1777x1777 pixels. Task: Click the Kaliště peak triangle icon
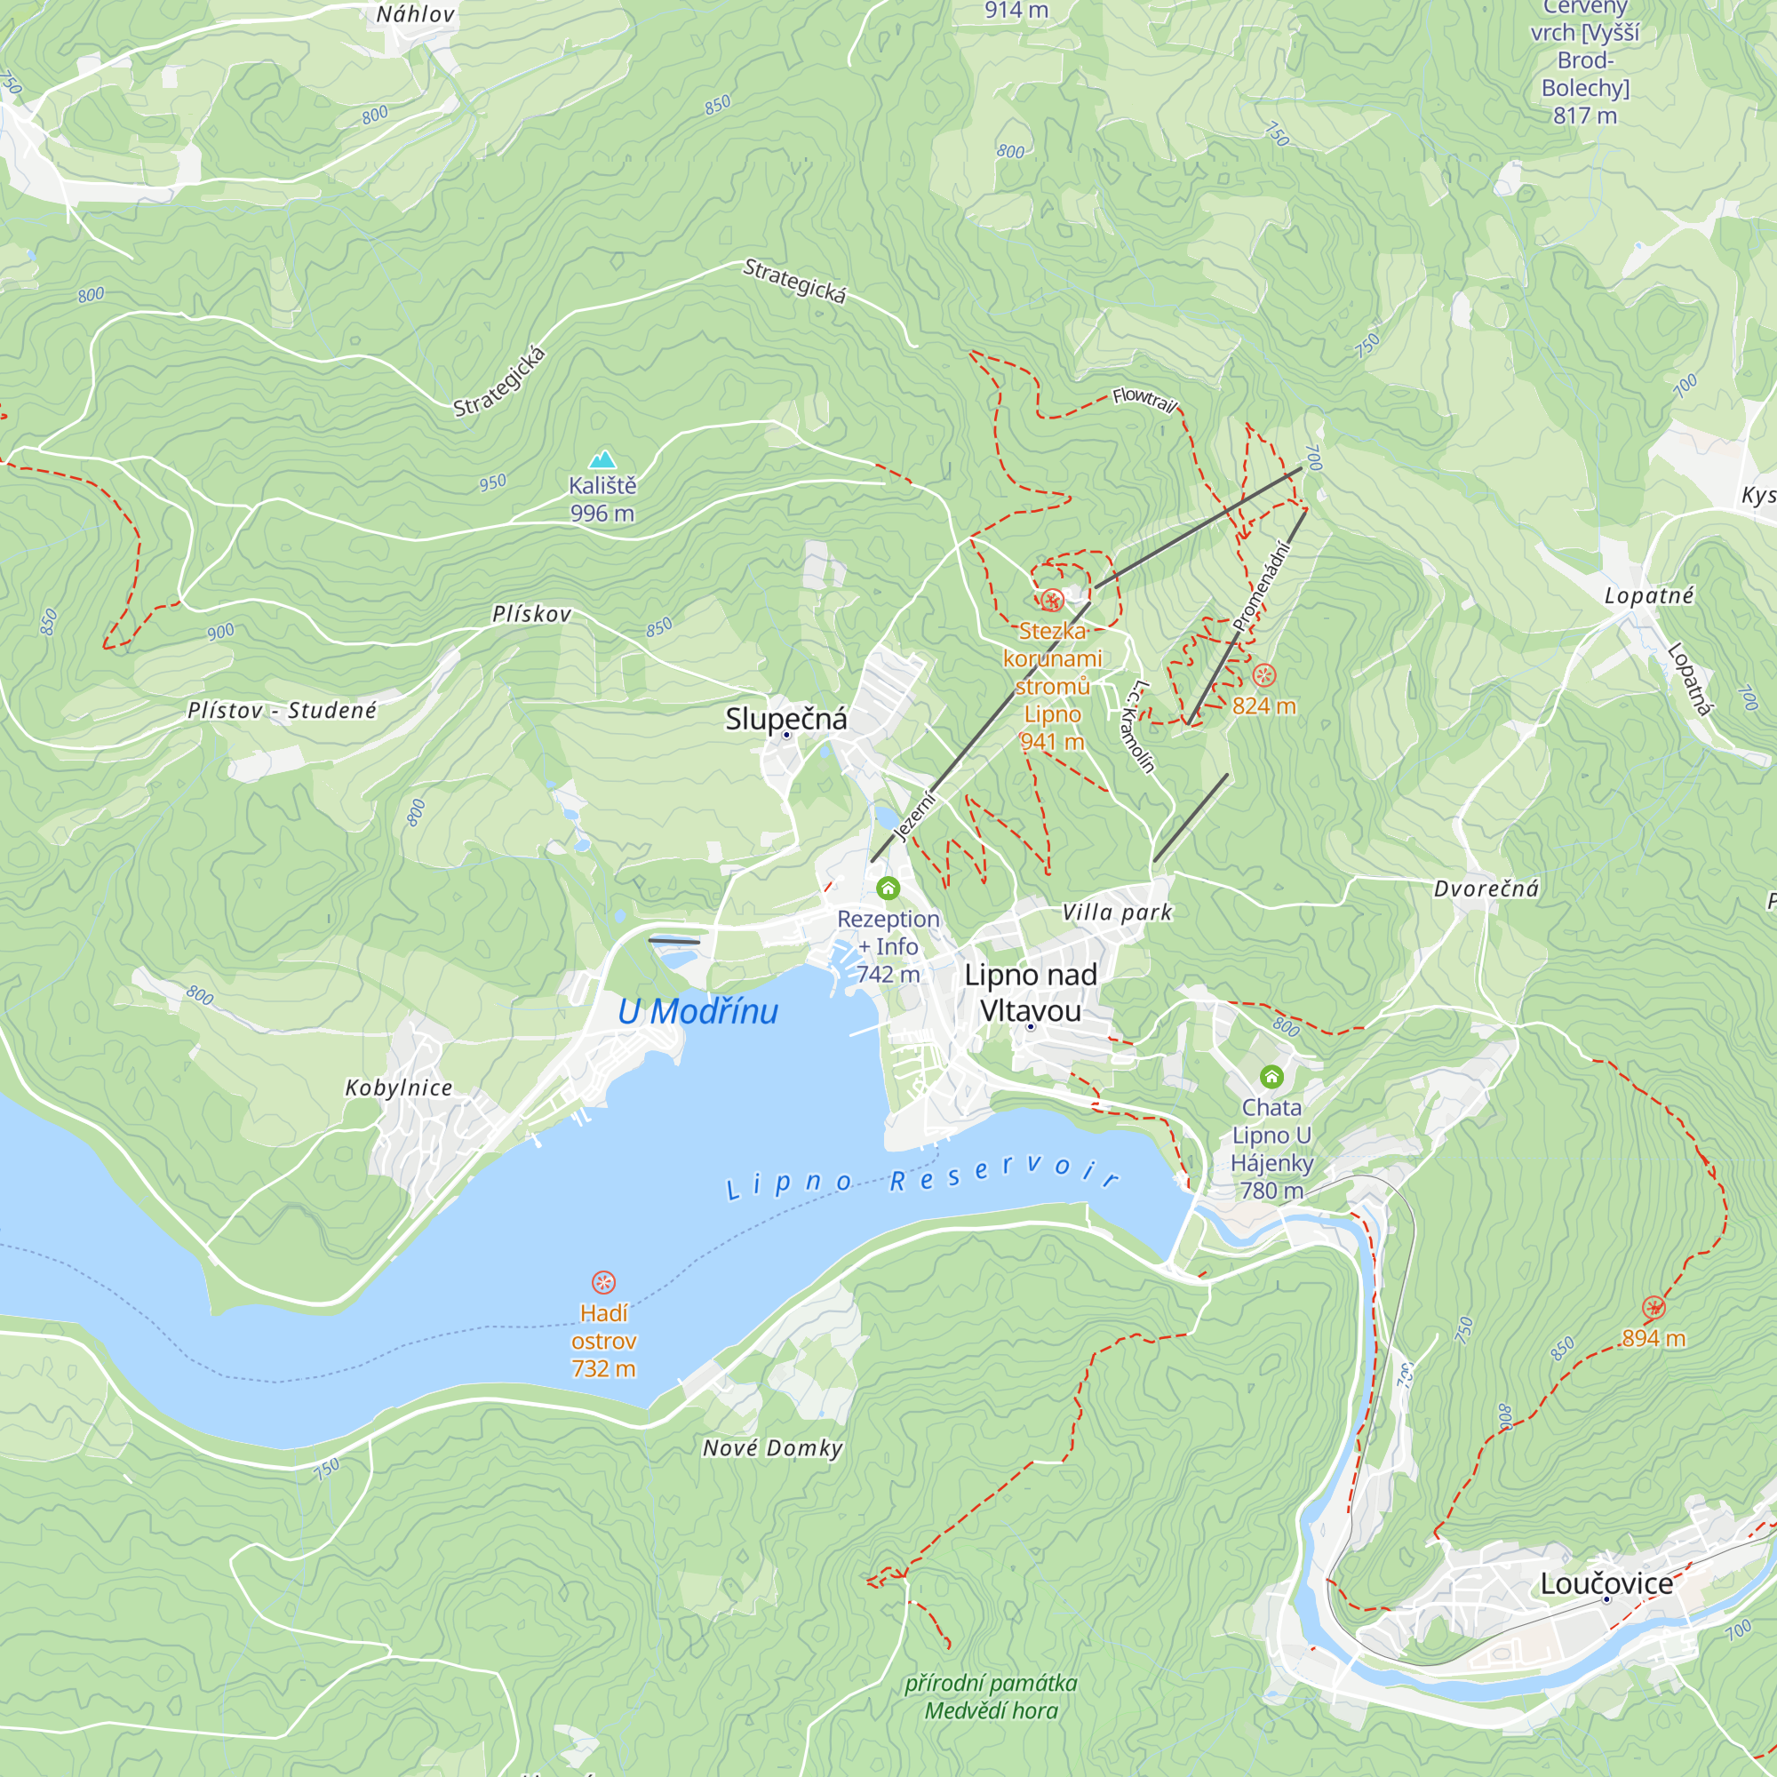coord(602,459)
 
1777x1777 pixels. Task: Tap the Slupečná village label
coord(785,718)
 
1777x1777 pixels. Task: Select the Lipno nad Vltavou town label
coord(1030,992)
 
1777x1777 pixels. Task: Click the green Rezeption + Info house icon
coord(888,888)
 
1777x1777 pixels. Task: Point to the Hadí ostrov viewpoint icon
coord(603,1282)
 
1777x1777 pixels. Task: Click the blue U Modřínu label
coord(697,1012)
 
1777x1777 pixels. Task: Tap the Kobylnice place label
coord(398,1088)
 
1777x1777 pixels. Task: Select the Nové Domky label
coord(773,1448)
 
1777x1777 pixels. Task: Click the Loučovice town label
coord(1606,1584)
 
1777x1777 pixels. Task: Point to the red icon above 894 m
coord(1653,1308)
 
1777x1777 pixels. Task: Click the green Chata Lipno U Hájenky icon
coord(1271,1076)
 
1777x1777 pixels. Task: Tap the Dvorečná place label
coord(1486,888)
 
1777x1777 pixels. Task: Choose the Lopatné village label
coord(1649,596)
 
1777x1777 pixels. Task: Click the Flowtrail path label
coord(1144,400)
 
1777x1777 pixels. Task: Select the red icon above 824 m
coord(1264,675)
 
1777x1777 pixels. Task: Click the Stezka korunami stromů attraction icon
coord(1052,602)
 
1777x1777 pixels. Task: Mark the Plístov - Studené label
coord(282,710)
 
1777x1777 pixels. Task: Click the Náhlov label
coord(416,15)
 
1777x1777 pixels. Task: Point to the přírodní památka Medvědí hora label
coord(991,1697)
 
